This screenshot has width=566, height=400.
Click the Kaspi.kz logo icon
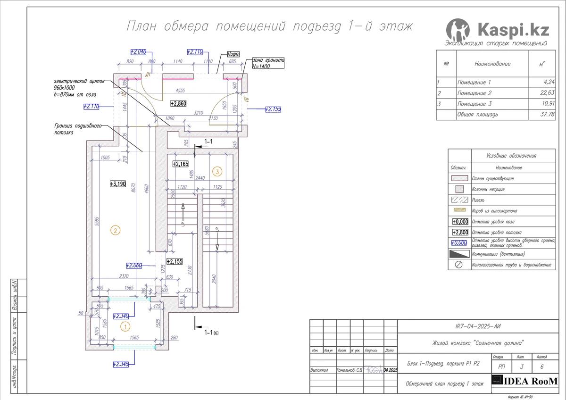coord(458,30)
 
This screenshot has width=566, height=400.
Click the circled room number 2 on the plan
coord(115,230)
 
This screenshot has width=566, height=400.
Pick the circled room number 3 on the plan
coord(217,172)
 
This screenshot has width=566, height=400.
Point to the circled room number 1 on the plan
coord(125,325)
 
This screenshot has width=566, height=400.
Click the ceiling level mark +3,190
coord(117,184)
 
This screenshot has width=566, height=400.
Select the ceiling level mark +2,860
coord(178,103)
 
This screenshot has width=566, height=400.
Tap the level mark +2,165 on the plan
coord(180,164)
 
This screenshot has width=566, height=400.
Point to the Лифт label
coord(233,54)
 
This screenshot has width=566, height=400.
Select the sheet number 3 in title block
coord(521,366)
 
